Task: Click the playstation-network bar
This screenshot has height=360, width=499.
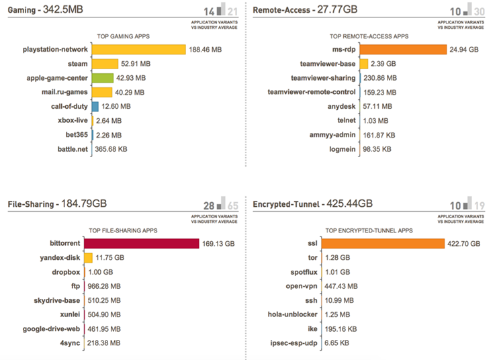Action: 138,49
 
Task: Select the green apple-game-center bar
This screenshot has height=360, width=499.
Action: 103,78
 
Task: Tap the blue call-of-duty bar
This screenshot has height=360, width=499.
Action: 95,106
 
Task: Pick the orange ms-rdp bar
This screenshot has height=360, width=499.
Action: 404,49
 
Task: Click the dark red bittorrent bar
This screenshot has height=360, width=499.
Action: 142,243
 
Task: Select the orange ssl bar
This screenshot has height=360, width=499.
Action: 402,243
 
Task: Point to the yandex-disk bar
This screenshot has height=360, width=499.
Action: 89,257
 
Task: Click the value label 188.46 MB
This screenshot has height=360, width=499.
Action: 206,49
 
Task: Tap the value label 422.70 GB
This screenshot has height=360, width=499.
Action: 464,243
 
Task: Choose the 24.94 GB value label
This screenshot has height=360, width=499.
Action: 464,49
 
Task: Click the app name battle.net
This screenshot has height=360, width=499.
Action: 73,149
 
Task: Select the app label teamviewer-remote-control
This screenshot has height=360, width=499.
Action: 312,92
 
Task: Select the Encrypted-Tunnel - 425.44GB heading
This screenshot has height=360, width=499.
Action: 312,203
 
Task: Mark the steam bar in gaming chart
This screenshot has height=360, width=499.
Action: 105,64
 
